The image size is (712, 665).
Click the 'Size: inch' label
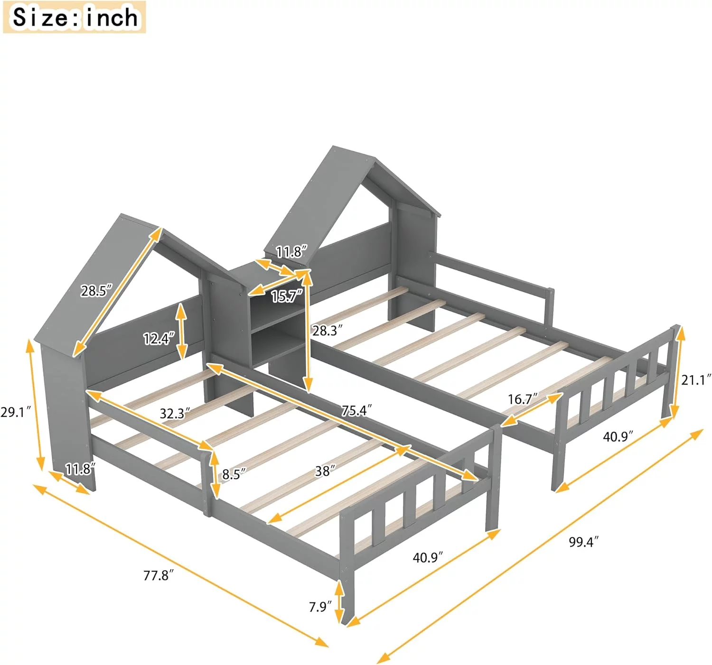75,17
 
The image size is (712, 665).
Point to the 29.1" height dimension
16,412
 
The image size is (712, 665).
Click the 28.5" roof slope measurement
96,290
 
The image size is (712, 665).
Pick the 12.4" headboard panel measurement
159,339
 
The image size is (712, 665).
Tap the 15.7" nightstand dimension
287,296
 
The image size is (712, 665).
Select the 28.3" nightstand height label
328,330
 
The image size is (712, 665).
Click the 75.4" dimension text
356,410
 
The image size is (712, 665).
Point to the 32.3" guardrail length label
175,414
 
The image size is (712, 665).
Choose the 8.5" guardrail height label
234,474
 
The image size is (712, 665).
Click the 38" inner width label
325,471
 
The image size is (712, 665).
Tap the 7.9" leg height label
320,607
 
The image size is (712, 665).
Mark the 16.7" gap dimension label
523,399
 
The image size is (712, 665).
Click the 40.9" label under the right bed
618,437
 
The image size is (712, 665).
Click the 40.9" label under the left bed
428,557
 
